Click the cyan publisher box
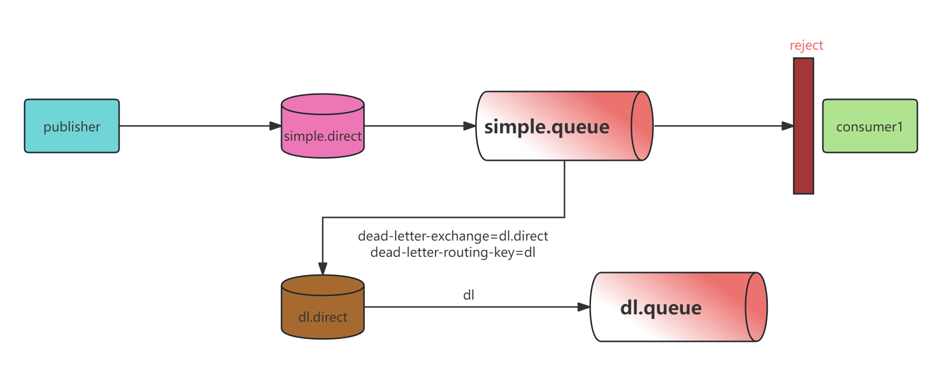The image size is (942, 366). pyautogui.click(x=72, y=126)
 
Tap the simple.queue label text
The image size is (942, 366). pyautogui.click(x=547, y=127)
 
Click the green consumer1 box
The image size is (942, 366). pyautogui.click(x=870, y=126)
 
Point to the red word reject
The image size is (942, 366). pyautogui.click(x=806, y=45)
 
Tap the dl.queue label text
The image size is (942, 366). pyautogui.click(x=660, y=307)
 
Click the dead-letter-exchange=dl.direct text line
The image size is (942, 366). pyautogui.click(x=453, y=236)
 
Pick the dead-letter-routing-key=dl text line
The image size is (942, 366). pyautogui.click(x=453, y=252)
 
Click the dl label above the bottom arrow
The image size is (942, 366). pyautogui.click(x=469, y=295)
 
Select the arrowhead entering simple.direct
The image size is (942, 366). pyautogui.click(x=275, y=126)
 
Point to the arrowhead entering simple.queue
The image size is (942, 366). pyautogui.click(x=470, y=126)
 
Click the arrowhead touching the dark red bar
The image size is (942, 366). pyautogui.click(x=787, y=126)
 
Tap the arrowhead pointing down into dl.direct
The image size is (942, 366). pyautogui.click(x=322, y=268)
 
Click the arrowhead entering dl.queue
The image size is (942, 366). pyautogui.click(x=584, y=307)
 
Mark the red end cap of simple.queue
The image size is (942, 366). pyautogui.click(x=642, y=126)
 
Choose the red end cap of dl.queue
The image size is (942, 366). pyautogui.click(x=756, y=307)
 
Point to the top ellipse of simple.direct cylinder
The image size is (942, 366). pyautogui.click(x=322, y=104)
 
